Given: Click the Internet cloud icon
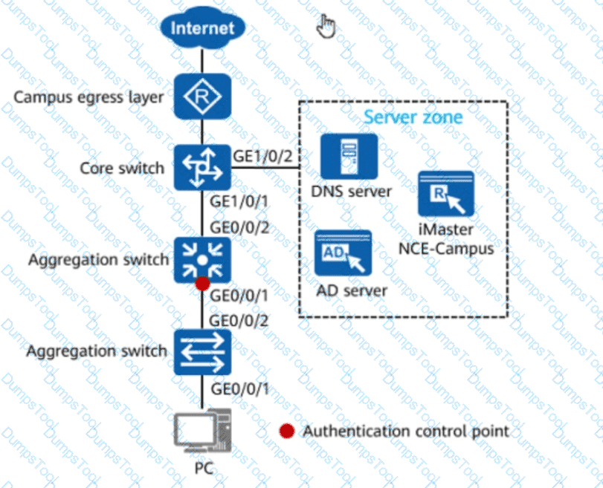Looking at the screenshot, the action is click(203, 27).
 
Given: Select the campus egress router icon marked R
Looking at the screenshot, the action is click(203, 96).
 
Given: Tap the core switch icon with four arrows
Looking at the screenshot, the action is click(203, 168).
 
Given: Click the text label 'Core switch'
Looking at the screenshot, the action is click(122, 169).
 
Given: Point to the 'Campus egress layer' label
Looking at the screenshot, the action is click(88, 97).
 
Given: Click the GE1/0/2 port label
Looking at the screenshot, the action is click(263, 157).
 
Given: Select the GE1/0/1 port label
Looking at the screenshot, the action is click(239, 201).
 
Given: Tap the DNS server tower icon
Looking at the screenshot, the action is click(349, 157).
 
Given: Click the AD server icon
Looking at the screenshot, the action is click(343, 253).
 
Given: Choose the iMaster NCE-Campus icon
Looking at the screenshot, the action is click(446, 194).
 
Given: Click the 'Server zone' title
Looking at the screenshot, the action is click(413, 117).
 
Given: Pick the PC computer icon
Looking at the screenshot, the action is click(203, 431).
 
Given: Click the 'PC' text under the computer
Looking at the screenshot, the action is click(204, 469).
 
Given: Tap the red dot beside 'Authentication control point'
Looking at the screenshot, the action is click(287, 431).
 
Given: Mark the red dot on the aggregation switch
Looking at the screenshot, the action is click(202, 284).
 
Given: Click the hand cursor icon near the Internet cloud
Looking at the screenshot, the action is click(326, 26).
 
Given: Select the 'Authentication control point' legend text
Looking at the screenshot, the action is click(406, 431).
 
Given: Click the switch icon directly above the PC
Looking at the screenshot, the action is click(203, 352).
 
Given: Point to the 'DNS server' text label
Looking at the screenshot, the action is click(351, 192).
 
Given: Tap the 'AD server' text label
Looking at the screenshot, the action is click(352, 291).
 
